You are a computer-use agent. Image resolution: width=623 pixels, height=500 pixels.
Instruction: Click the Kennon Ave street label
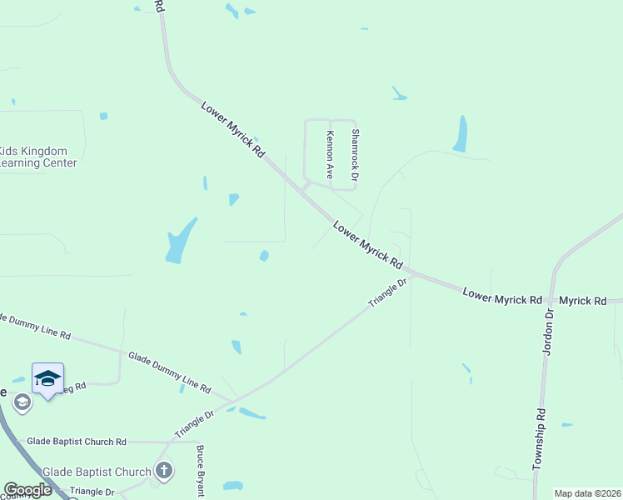click(330, 155)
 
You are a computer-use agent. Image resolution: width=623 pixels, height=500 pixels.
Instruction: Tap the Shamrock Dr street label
click(354, 155)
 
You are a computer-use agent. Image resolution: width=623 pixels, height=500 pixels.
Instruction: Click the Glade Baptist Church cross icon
click(164, 471)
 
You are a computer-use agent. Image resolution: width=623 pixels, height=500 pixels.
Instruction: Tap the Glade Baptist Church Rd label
click(76, 441)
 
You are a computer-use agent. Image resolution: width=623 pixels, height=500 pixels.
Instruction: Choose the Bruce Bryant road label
click(200, 472)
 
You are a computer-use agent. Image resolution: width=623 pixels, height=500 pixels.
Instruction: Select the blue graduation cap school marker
click(47, 379)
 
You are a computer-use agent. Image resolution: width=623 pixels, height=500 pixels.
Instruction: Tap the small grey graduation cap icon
click(22, 403)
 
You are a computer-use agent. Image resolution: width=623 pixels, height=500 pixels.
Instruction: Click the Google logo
click(28, 490)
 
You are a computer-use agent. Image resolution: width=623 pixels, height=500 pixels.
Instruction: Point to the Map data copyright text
click(587, 493)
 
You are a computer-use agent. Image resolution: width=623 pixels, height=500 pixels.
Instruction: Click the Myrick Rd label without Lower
click(583, 300)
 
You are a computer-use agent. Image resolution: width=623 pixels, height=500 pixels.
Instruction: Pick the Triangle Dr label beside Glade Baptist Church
click(92, 492)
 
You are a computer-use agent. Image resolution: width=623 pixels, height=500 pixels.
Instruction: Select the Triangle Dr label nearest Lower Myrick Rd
click(388, 294)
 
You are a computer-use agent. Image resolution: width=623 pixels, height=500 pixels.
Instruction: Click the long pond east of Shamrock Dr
click(460, 133)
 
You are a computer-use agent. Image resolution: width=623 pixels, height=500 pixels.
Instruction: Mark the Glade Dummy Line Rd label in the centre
click(169, 372)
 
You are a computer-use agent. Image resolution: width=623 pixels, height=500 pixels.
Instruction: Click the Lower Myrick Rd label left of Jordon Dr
click(502, 296)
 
